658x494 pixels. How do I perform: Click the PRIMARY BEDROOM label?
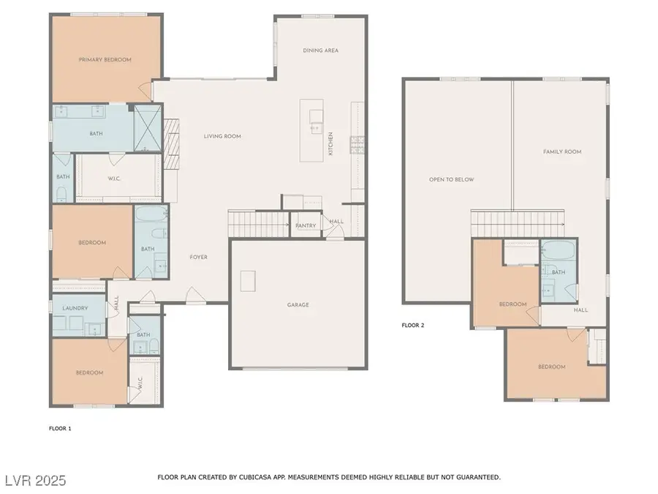click(105, 59)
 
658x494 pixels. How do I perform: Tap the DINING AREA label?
click(321, 50)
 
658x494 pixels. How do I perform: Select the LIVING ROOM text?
click(222, 136)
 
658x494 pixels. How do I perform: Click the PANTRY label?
click(306, 225)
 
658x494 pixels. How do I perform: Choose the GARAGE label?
click(298, 304)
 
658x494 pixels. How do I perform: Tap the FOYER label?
click(198, 257)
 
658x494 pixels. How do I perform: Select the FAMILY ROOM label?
click(561, 151)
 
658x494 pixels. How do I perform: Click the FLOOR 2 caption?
click(412, 325)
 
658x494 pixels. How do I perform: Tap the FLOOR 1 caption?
click(60, 427)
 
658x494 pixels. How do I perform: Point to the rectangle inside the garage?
click(249, 280)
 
